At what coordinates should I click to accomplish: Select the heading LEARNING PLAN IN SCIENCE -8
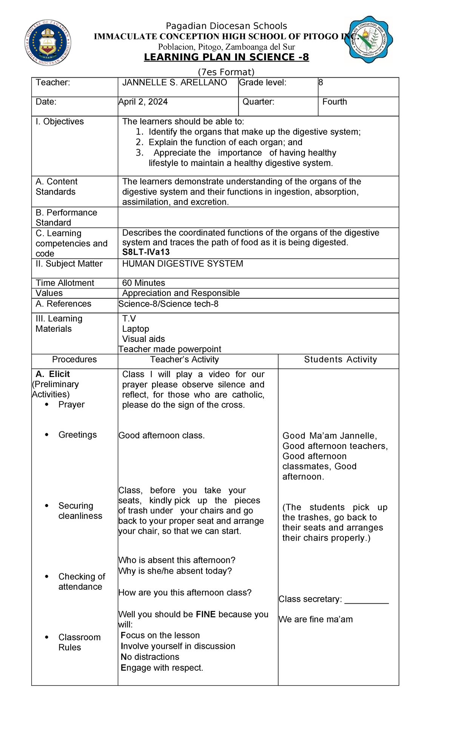pyautogui.click(x=226, y=57)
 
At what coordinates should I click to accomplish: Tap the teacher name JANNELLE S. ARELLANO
pyautogui.click(x=174, y=83)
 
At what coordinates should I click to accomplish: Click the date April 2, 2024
pyautogui.click(x=143, y=102)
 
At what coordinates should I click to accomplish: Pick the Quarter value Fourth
pyautogui.click(x=334, y=102)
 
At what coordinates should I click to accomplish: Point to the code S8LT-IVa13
pyautogui.click(x=146, y=252)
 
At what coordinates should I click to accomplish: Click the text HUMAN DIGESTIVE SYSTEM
pyautogui.click(x=183, y=264)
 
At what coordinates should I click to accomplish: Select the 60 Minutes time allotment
pyautogui.click(x=143, y=283)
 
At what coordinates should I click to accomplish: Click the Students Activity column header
pyautogui.click(x=341, y=360)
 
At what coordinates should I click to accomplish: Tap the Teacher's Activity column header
pyautogui.click(x=184, y=360)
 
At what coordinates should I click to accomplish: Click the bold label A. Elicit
pyautogui.click(x=53, y=374)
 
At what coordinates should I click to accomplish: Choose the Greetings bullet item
pyautogui.click(x=77, y=435)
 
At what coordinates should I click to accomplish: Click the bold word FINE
pyautogui.click(x=206, y=614)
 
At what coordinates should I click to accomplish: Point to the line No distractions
pyautogui.click(x=150, y=657)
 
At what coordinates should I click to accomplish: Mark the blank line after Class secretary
pyautogui.click(x=367, y=600)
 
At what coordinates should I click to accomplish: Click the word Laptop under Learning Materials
pyautogui.click(x=136, y=329)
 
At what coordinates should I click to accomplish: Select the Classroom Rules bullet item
pyautogui.click(x=79, y=642)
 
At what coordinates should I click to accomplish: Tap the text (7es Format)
pyautogui.click(x=226, y=72)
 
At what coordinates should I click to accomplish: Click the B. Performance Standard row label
pyautogui.click(x=66, y=218)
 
